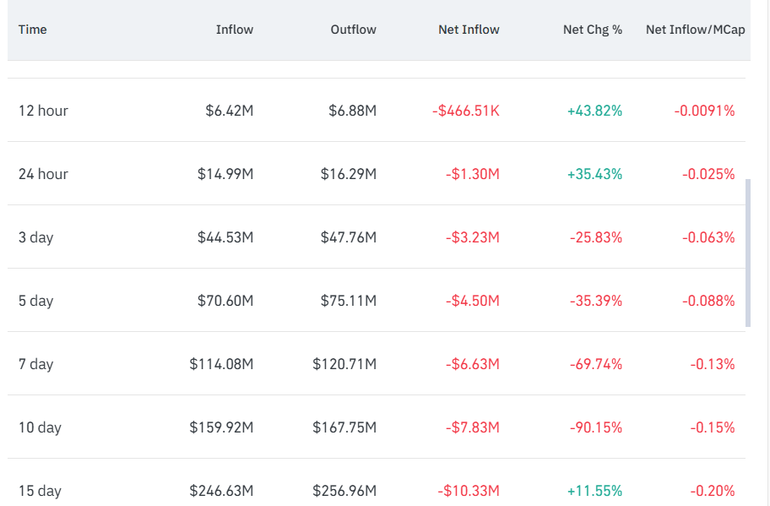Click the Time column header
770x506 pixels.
point(32,30)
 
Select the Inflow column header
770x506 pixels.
point(235,30)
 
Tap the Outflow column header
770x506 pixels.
point(354,30)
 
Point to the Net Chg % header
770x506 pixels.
point(593,30)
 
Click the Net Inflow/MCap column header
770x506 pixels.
point(696,30)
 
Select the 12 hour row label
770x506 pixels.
point(43,111)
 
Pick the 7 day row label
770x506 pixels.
point(35,364)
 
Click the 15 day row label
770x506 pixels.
point(40,491)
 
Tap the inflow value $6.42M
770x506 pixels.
point(230,111)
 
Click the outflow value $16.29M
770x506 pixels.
point(349,174)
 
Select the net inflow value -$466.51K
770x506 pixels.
point(466,111)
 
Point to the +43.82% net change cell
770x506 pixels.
point(594,111)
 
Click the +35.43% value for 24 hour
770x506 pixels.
point(594,174)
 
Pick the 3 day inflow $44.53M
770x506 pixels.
point(225,237)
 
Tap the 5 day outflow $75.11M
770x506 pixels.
point(349,301)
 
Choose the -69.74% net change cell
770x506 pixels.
point(596,364)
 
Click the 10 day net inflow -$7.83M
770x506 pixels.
point(473,427)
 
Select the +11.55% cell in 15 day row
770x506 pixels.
point(594,491)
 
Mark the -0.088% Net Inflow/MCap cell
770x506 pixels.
point(708,301)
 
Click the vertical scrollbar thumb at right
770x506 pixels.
point(748,253)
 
